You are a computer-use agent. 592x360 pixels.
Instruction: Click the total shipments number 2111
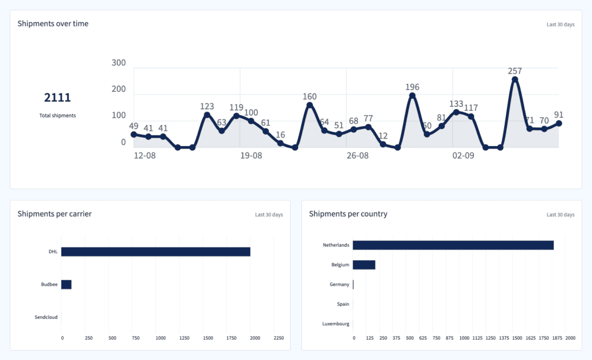57,98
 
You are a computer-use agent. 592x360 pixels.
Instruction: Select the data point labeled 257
515,80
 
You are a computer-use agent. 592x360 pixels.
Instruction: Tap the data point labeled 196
412,96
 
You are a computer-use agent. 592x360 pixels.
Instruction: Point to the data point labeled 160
309,105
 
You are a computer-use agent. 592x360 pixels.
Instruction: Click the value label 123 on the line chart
207,106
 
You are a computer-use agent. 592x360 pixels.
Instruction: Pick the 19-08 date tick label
251,156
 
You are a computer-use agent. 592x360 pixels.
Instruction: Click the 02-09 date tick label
464,156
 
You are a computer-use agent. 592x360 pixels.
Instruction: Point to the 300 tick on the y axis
119,62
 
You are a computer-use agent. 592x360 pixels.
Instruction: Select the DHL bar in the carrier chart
156,251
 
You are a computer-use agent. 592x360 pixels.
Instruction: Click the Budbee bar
66,284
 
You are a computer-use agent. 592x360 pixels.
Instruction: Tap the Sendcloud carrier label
45,317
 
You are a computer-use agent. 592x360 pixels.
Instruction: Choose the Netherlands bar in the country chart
453,245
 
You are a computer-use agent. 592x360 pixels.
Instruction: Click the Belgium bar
364,265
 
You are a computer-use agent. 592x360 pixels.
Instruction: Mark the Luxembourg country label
336,324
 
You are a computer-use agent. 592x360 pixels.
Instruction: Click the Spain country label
343,304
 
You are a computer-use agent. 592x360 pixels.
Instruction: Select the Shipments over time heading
53,24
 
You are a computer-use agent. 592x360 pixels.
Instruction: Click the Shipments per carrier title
54,214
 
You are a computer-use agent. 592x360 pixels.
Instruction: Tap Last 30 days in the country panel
560,215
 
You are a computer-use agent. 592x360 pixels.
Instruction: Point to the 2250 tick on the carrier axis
279,338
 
